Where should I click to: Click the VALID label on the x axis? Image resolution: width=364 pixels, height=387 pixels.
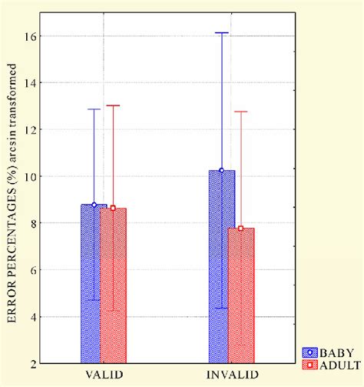(103, 375)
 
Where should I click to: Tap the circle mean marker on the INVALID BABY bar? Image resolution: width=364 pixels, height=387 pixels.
(222, 170)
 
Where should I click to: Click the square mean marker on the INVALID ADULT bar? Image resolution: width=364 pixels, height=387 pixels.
(241, 228)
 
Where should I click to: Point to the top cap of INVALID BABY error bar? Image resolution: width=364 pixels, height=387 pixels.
(222, 33)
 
